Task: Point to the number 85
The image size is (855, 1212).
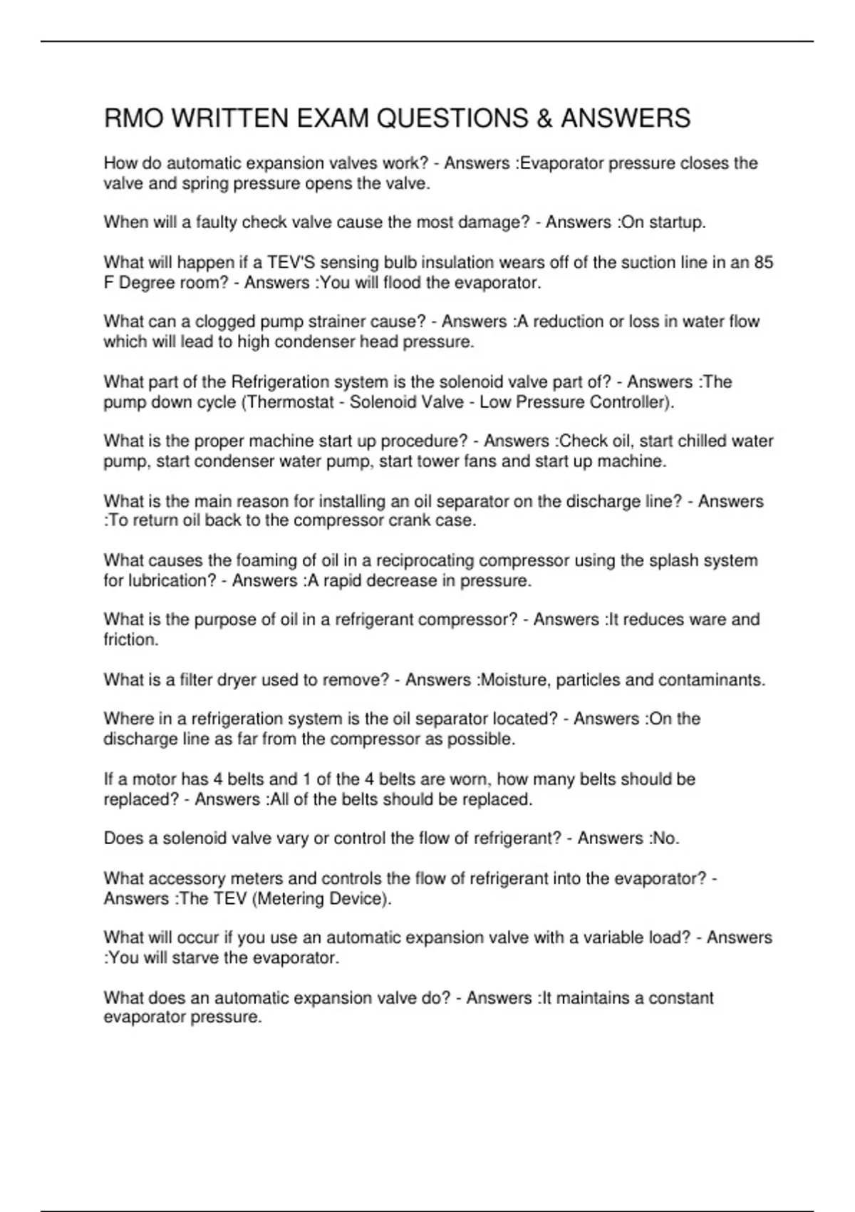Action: (763, 262)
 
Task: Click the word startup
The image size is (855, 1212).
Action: (677, 222)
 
